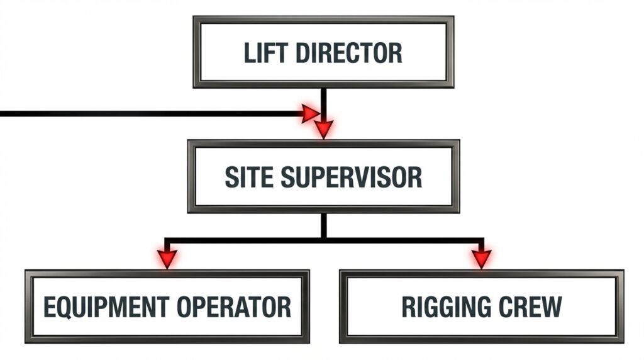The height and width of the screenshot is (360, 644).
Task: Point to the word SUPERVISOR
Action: click(351, 177)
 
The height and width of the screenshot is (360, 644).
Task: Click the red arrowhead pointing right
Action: click(309, 114)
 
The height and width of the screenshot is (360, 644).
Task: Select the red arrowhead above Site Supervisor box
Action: click(323, 129)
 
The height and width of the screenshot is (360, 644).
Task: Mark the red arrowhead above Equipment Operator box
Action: click(167, 258)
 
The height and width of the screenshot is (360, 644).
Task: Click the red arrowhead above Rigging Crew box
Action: click(481, 258)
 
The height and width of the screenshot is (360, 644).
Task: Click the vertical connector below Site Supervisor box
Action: click(323, 225)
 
